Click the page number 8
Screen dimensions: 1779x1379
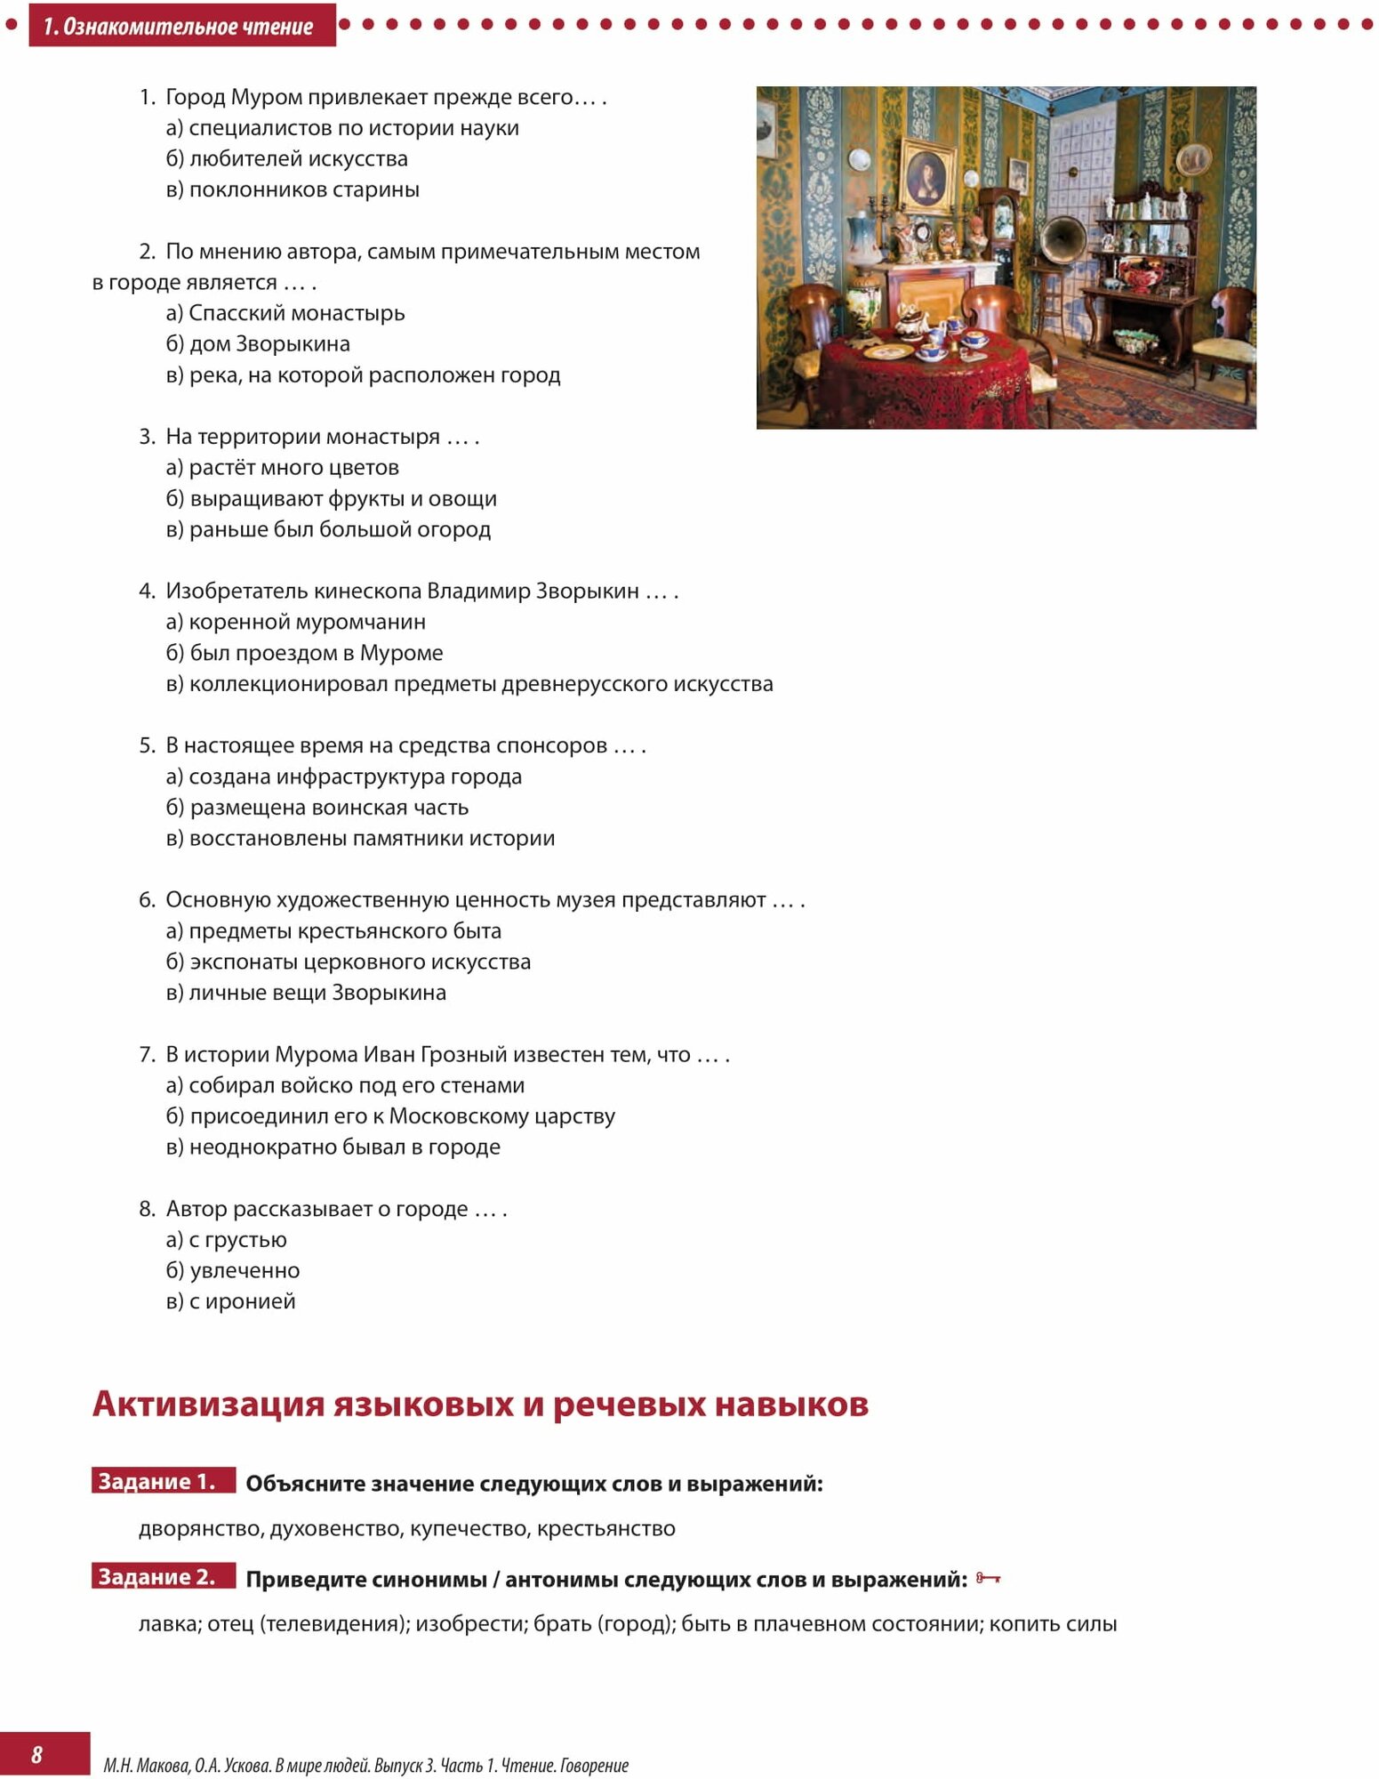click(x=36, y=1754)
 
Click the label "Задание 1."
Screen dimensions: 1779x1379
click(x=157, y=1481)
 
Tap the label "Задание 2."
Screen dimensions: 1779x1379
click(x=157, y=1577)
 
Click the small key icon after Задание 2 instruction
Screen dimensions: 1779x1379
click(x=988, y=1578)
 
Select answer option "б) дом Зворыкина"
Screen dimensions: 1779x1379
click(x=258, y=343)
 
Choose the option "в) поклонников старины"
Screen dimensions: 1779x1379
click(x=293, y=189)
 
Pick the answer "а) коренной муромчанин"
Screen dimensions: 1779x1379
click(x=295, y=622)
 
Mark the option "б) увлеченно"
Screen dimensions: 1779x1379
click(x=233, y=1270)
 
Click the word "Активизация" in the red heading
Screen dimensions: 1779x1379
click(x=208, y=1405)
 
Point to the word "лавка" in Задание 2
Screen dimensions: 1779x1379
click(x=170, y=1624)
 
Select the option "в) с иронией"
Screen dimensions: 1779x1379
click(x=230, y=1301)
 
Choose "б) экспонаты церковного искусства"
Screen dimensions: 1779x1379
click(x=349, y=962)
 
